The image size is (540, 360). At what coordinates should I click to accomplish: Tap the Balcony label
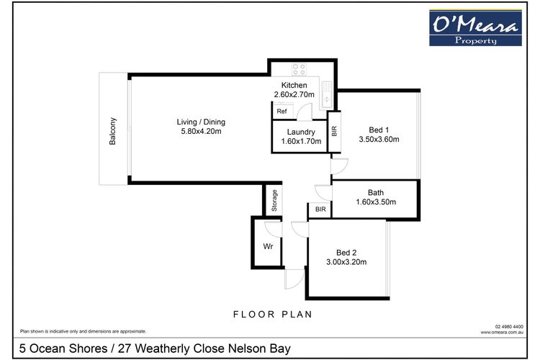(113, 132)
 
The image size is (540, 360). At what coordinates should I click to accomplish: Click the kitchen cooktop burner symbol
(299, 70)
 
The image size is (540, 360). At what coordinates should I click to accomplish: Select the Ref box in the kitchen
(281, 112)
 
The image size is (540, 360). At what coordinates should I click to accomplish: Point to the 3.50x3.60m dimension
(379, 140)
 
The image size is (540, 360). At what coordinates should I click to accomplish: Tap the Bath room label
(375, 192)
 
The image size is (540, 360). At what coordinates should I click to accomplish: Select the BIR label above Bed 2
(320, 210)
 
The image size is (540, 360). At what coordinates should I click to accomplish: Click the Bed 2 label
(346, 252)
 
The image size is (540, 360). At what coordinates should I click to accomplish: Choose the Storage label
(274, 200)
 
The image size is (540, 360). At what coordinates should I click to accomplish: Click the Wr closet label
(267, 246)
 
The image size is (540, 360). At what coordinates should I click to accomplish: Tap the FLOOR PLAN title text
(272, 315)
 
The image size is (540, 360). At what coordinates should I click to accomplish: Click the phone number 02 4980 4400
(509, 326)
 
